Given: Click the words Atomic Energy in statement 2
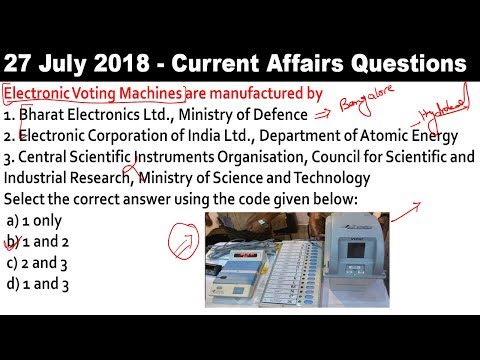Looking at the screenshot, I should point(411,136).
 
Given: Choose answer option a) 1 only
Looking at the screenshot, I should point(36,220).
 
